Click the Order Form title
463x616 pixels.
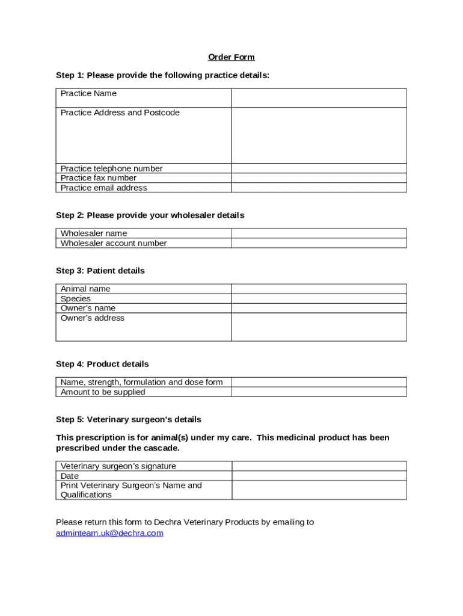[x=231, y=57]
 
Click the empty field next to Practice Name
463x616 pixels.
[x=319, y=98]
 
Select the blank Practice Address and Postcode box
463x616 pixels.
[x=319, y=135]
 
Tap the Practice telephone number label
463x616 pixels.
[x=111, y=168]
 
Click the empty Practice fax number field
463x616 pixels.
[x=319, y=178]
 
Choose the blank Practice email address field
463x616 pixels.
[x=319, y=188]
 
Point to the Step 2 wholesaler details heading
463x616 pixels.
[x=150, y=215]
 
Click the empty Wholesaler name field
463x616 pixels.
[x=319, y=233]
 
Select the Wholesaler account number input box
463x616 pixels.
[x=319, y=243]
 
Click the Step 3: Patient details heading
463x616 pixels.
[x=100, y=271]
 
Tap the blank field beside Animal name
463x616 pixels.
[x=319, y=289]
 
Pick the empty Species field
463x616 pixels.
[x=319, y=298]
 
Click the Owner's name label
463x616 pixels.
[x=88, y=308]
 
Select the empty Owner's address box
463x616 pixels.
[x=319, y=327]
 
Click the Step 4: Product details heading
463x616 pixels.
[x=102, y=364]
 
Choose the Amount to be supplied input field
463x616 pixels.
[x=319, y=392]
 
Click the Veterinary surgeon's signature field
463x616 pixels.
[x=319, y=466]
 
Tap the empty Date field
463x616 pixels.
[x=319, y=476]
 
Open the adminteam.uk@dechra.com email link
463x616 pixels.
[x=109, y=533]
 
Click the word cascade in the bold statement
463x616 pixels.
[x=162, y=448]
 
